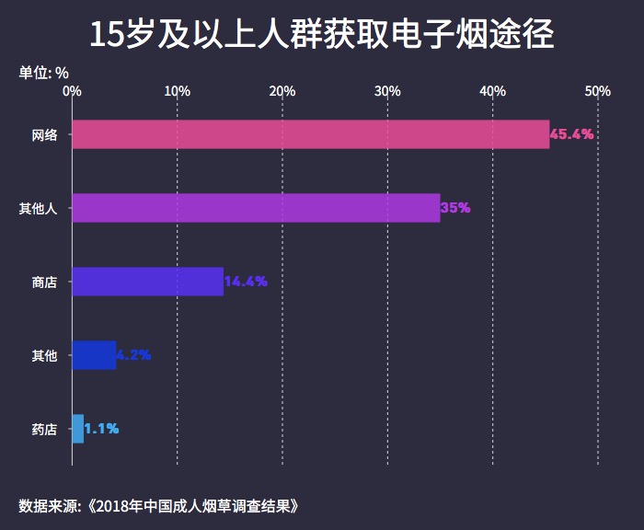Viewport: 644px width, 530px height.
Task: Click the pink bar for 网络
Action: (310, 134)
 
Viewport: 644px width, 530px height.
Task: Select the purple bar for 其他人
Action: (256, 208)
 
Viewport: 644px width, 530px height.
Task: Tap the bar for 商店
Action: (147, 282)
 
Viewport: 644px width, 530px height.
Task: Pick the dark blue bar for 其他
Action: (94, 355)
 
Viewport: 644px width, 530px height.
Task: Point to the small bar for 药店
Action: (77, 429)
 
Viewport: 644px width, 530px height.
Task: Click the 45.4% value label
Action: (571, 134)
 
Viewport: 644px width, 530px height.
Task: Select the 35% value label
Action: (455, 208)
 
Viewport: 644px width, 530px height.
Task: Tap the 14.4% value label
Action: (246, 282)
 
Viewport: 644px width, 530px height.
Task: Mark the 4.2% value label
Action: (133, 355)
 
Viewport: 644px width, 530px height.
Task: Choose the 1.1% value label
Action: (101, 429)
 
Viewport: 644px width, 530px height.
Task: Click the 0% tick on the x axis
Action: (72, 91)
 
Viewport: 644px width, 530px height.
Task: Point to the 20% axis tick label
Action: (282, 91)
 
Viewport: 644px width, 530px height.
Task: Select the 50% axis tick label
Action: (598, 91)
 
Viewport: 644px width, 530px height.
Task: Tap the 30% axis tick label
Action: (387, 91)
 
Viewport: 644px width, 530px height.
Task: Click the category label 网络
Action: (44, 135)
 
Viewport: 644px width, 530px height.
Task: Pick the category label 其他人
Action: (39, 209)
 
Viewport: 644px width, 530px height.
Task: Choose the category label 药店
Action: (44, 430)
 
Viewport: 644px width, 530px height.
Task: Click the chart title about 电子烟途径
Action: (322, 34)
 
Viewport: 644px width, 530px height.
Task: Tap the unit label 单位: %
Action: (43, 72)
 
